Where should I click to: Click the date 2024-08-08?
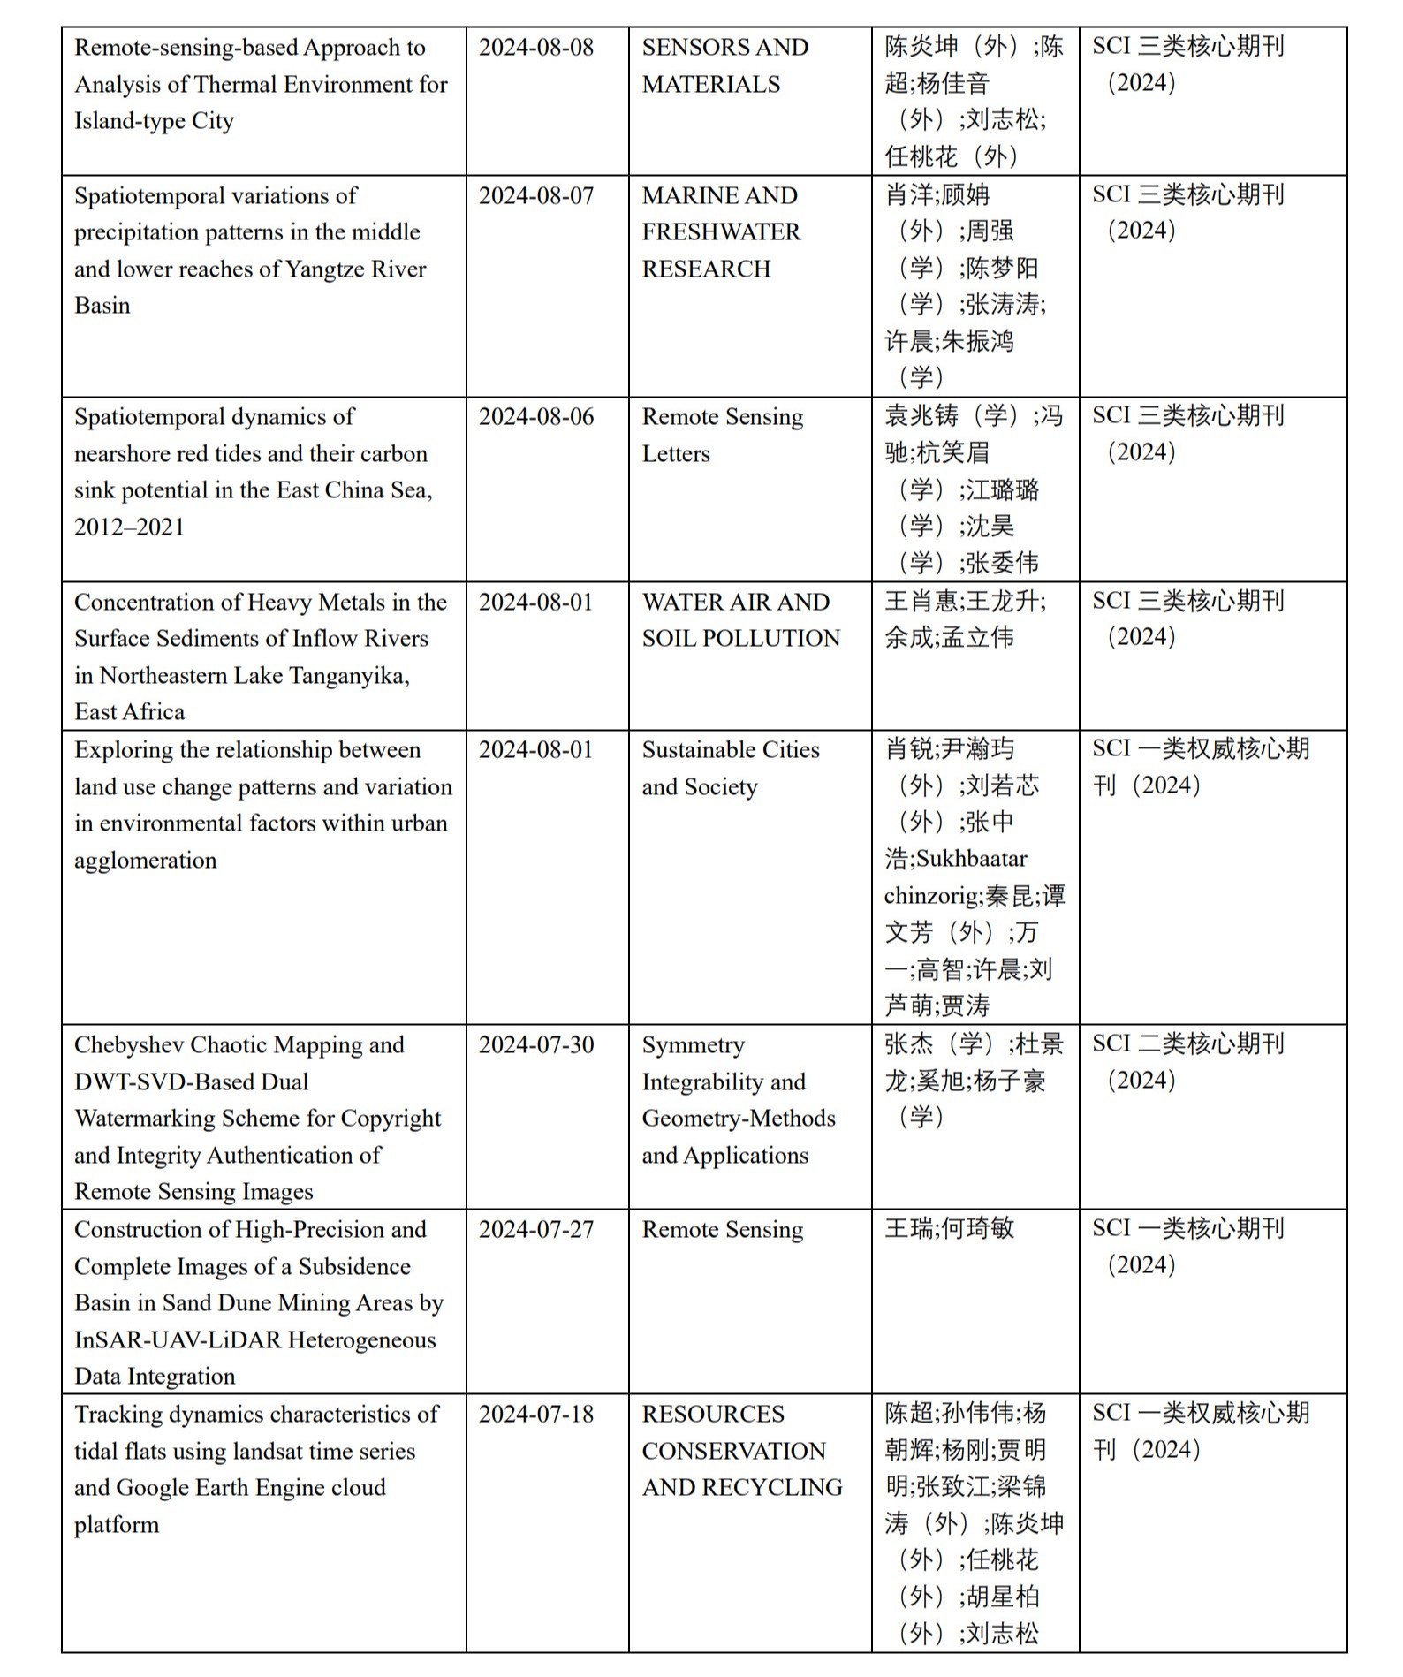[536, 48]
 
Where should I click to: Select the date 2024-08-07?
[536, 196]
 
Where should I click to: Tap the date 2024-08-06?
[536, 417]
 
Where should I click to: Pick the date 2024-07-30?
[536, 1045]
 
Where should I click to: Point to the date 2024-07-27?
[536, 1230]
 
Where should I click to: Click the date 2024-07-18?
[536, 1415]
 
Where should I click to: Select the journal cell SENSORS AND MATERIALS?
[724, 66]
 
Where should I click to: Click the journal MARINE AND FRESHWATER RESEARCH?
[721, 232]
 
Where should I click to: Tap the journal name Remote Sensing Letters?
[722, 435]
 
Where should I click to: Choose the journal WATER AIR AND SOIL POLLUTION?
[740, 620]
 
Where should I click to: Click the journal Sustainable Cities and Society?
[730, 768]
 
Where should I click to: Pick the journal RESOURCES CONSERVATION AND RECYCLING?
[741, 1451]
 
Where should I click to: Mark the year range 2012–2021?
[129, 527]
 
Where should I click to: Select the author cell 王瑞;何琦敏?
[949, 1229]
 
